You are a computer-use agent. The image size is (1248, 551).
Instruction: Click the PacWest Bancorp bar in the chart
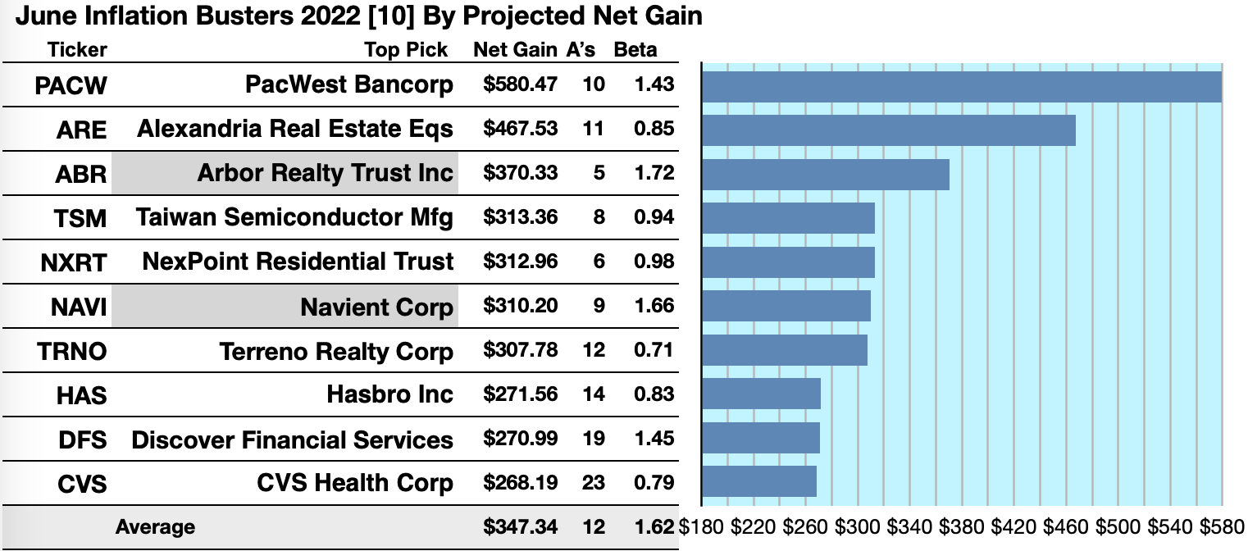pyautogui.click(x=961, y=86)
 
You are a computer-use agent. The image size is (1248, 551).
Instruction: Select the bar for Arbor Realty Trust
pyautogui.click(x=825, y=175)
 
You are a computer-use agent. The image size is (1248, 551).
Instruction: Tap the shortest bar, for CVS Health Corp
pyautogui.click(x=758, y=481)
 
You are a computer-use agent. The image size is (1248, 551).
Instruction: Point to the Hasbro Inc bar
pyautogui.click(x=761, y=394)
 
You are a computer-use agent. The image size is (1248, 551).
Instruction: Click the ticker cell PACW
pyautogui.click(x=71, y=85)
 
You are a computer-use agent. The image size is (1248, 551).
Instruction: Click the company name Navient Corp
pyautogui.click(x=376, y=307)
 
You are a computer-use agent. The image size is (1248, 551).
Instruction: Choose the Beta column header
pyautogui.click(x=635, y=50)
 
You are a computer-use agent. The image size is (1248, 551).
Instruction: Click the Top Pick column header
pyautogui.click(x=406, y=50)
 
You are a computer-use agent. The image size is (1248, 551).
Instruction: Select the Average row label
pyautogui.click(x=156, y=527)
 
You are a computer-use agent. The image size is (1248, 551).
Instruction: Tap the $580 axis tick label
pyautogui.click(x=1221, y=526)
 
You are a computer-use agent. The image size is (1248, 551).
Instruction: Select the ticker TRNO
pyautogui.click(x=71, y=352)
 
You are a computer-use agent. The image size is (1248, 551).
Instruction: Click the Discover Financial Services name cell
pyautogui.click(x=292, y=440)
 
